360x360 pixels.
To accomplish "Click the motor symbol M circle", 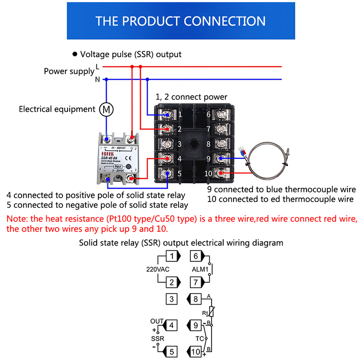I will (106, 109).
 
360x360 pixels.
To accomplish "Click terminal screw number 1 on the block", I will (167, 115).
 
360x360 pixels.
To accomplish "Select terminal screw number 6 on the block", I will (221, 115).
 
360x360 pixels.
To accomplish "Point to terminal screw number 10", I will (221, 173).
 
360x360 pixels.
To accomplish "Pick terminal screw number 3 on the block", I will (167, 144).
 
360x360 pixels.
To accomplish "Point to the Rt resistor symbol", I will (211, 311).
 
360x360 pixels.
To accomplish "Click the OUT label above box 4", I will (157, 321).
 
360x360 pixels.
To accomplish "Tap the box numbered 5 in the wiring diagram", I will (171, 351).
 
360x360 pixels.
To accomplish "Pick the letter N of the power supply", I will (97, 80).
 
